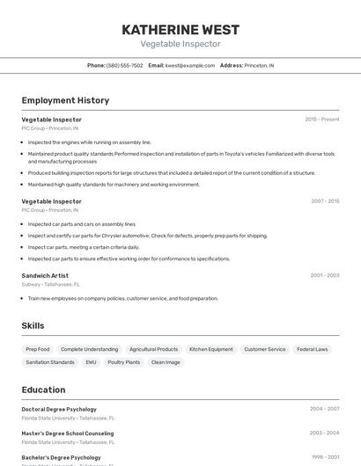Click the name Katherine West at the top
pyautogui.click(x=180, y=29)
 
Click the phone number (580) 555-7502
pyautogui.click(x=124, y=65)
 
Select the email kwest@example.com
pyautogui.click(x=190, y=65)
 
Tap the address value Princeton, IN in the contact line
pyautogui.click(x=259, y=65)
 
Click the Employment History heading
pyautogui.click(x=65, y=100)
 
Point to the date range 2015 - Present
pyautogui.click(x=321, y=119)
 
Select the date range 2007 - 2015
pyautogui.click(x=324, y=201)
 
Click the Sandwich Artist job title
pyautogui.click(x=45, y=275)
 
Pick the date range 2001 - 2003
pyautogui.click(x=324, y=275)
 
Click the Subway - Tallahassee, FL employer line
pyautogui.click(x=50, y=284)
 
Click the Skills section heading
pyautogui.click(x=33, y=325)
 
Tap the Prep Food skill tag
pyautogui.click(x=38, y=349)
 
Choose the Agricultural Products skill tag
pyautogui.click(x=153, y=349)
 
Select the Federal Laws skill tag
pyautogui.click(x=312, y=349)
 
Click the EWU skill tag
pyautogui.click(x=91, y=362)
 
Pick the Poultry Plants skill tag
pyautogui.click(x=123, y=362)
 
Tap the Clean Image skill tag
pyautogui.click(x=166, y=362)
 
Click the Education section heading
pyautogui.click(x=43, y=390)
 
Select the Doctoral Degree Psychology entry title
pyautogui.click(x=59, y=409)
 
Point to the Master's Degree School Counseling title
pyautogui.click(x=67, y=433)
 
